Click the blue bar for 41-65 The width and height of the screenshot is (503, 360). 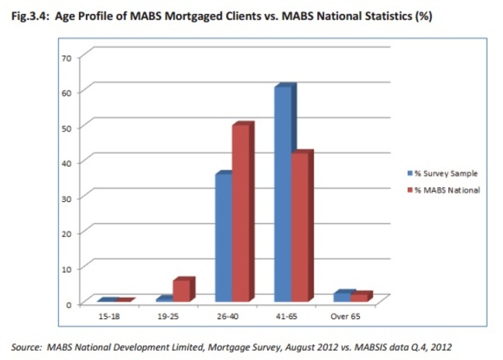click(282, 194)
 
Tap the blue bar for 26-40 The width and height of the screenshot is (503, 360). click(223, 237)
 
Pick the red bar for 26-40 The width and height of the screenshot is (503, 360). click(241, 213)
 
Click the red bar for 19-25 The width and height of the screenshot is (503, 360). click(181, 290)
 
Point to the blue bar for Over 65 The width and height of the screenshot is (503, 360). click(341, 297)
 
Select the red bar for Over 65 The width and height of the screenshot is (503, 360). click(358, 297)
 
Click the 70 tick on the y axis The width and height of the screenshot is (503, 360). click(67, 57)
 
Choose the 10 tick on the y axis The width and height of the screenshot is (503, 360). click(67, 269)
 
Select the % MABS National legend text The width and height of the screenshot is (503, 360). click(448, 190)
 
